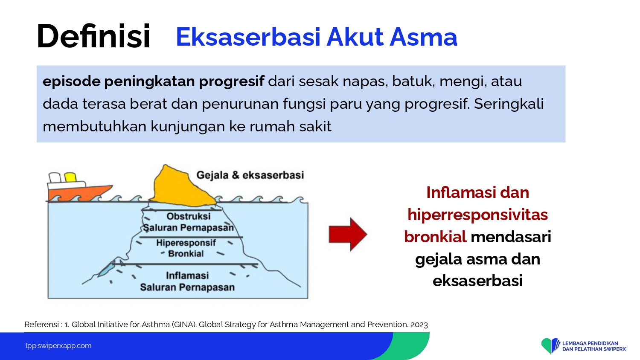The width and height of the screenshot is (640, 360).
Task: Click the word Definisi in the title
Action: pyautogui.click(x=93, y=36)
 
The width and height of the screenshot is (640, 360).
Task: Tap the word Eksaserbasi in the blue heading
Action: pyautogui.click(x=248, y=37)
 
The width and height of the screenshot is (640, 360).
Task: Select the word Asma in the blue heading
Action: pyautogui.click(x=423, y=37)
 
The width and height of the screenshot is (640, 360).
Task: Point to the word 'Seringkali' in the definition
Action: pyautogui.click(x=509, y=104)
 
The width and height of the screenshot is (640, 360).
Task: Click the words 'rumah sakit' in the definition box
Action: pyautogui.click(x=291, y=126)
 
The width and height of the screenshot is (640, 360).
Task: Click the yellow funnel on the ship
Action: pyautogui.click(x=70, y=177)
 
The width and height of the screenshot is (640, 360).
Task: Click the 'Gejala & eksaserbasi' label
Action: pyautogui.click(x=250, y=175)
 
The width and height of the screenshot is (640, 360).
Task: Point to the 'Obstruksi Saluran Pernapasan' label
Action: pyautogui.click(x=189, y=222)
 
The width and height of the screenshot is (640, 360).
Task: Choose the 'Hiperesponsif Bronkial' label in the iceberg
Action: pyautogui.click(x=186, y=248)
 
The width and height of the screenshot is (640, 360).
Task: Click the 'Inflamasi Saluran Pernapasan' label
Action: pyautogui.click(x=187, y=282)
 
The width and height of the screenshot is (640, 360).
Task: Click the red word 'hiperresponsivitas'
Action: pyautogui.click(x=477, y=215)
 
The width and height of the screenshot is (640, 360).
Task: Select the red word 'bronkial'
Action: pyautogui.click(x=436, y=237)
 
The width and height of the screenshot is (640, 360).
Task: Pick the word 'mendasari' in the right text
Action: pyautogui.click(x=511, y=237)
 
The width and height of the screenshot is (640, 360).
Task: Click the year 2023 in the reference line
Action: pyautogui.click(x=419, y=325)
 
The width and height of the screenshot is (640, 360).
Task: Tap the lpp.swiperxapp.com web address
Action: pyautogui.click(x=58, y=346)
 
